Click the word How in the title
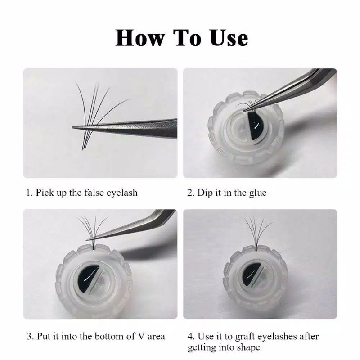[x=140, y=38]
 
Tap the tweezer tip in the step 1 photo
[x=72, y=127]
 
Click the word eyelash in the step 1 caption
[x=122, y=193]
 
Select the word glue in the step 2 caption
[x=257, y=193]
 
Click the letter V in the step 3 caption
[x=141, y=337]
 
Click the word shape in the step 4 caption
[x=248, y=347]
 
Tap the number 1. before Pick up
[x=30, y=193]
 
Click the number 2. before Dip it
[x=191, y=193]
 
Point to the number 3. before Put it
[x=31, y=337]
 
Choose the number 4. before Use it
[x=191, y=337]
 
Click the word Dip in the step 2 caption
[x=205, y=193]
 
